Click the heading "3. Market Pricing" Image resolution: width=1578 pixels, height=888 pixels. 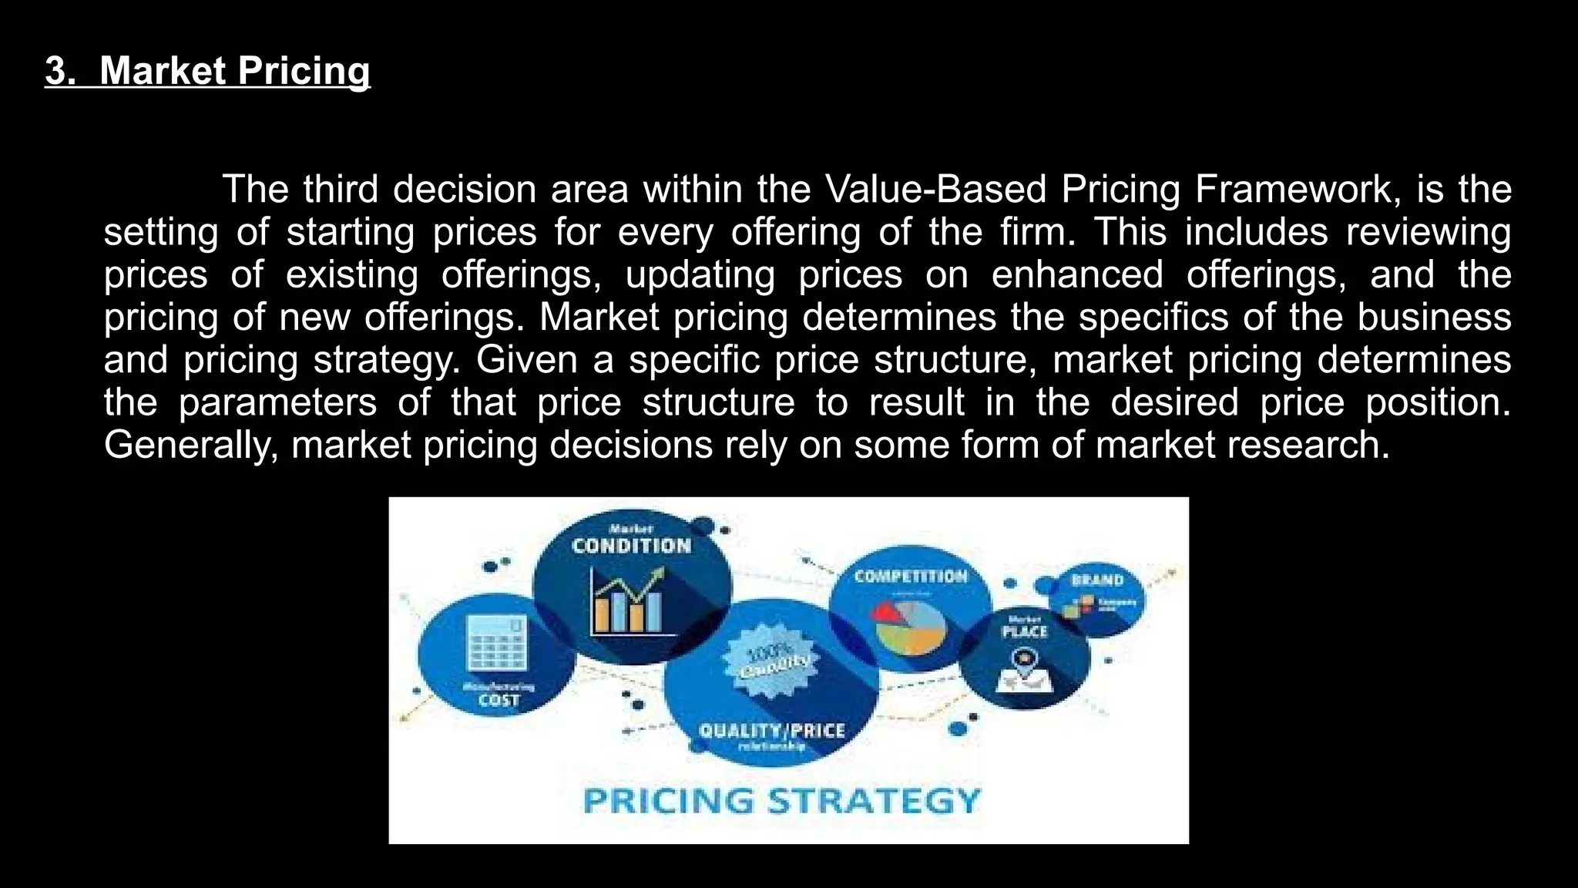[208, 71]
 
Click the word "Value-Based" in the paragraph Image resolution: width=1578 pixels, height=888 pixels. [935, 190]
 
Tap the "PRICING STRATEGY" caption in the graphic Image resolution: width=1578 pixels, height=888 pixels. [781, 800]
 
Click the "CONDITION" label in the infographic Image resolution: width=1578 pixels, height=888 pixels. [632, 546]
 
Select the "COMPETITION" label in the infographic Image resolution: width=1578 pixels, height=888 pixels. [910, 577]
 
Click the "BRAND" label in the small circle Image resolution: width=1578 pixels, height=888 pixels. [1097, 580]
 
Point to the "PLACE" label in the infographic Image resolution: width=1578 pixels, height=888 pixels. [1024, 631]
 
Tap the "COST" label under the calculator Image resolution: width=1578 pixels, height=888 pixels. [499, 700]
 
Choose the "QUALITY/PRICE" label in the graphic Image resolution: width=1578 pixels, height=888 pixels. [771, 730]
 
